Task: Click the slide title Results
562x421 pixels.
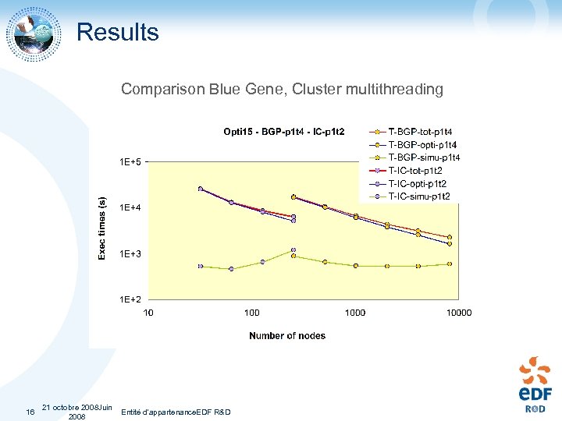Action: (x=117, y=32)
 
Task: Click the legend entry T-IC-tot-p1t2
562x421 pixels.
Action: (x=416, y=170)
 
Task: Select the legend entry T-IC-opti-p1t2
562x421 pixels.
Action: (x=417, y=183)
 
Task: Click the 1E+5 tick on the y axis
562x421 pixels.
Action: (x=130, y=162)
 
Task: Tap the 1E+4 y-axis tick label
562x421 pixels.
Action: (x=130, y=207)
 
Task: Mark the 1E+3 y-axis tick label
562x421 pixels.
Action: (x=130, y=253)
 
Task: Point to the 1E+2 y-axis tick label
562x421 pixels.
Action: (x=130, y=299)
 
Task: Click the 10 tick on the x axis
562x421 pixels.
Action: (x=148, y=313)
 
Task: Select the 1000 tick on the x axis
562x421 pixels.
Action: (x=355, y=313)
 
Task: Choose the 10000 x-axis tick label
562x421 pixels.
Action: (x=459, y=313)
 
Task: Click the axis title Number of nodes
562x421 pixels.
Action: (x=287, y=336)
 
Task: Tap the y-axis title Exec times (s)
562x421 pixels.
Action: (x=101, y=228)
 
